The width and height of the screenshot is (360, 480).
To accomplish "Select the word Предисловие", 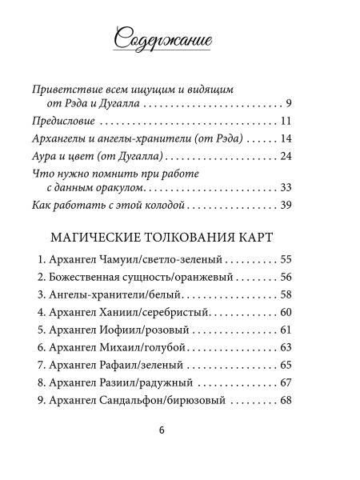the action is coord(58,122).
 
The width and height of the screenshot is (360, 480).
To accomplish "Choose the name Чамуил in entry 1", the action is coord(122,261).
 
